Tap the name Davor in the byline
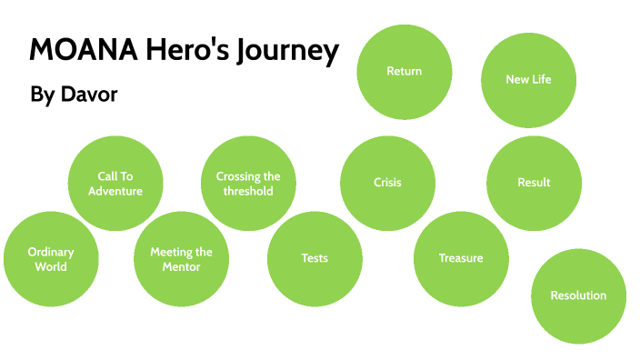pos(90,95)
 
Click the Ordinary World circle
pos(51,259)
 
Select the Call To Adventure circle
pos(115,183)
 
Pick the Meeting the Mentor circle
pos(181,259)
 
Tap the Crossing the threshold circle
pos(248,184)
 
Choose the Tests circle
pos(315,258)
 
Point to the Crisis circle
pos(387,183)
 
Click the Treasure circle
pos(461,258)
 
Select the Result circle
pos(534,183)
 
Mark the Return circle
pos(404,71)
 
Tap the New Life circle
pos(528,79)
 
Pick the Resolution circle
pos(578,295)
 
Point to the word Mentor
pos(181,266)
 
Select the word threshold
pos(248,191)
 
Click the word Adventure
pos(115,191)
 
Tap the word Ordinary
pos(51,252)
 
